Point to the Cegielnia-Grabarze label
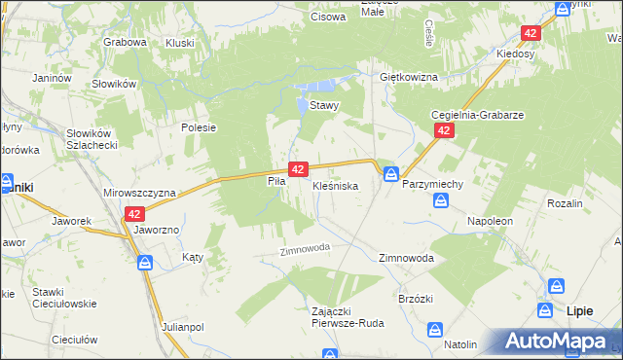(478, 114)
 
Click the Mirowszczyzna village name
(138, 193)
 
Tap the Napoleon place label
(490, 221)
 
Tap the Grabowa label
(125, 43)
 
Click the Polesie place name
(198, 126)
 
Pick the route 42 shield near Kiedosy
(530, 33)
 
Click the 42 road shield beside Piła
(298, 168)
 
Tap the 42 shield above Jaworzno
(135, 214)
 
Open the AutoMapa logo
(558, 341)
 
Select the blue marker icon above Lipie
(557, 287)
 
